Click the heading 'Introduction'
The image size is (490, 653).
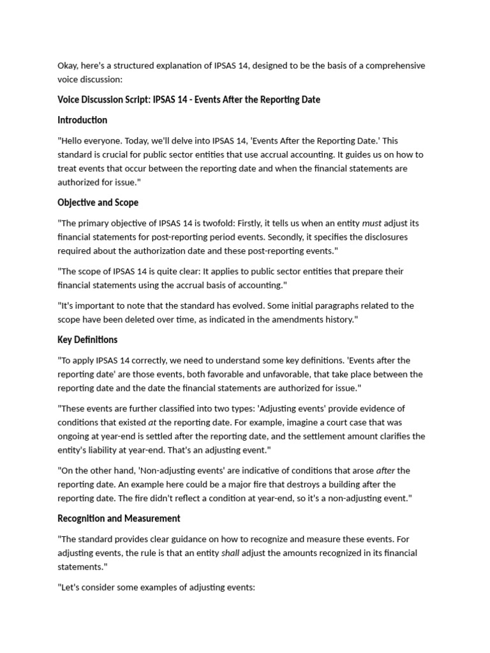82,120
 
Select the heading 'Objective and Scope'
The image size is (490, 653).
98,202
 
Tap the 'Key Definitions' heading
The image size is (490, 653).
87,339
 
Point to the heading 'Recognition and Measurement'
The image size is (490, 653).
119,518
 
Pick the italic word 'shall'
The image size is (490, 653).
230,553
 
